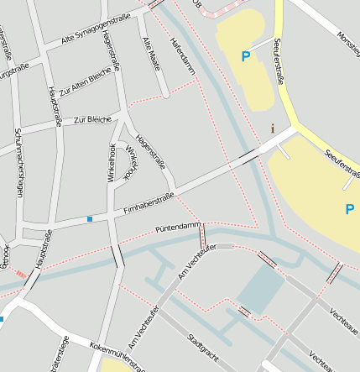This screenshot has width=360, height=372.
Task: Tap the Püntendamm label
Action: coord(177,228)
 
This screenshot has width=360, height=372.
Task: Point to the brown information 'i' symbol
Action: coord(272,128)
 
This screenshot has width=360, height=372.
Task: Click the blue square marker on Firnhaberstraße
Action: coord(90,219)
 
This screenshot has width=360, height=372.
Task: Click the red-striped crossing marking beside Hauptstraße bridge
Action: coord(19,274)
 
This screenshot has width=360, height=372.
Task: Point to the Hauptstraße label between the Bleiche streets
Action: coord(55,105)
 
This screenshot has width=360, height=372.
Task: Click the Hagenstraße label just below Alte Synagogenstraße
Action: coord(108,51)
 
